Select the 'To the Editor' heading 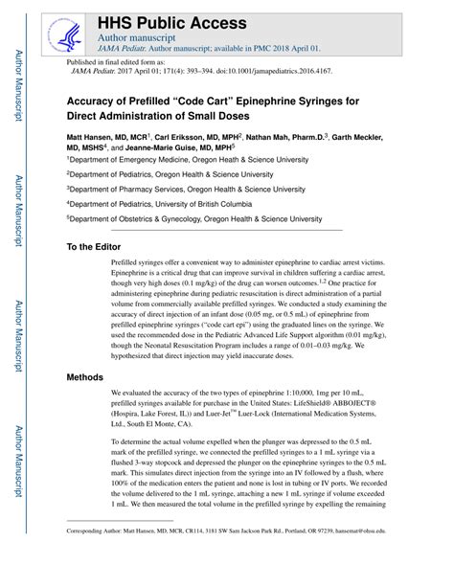(102, 246)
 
